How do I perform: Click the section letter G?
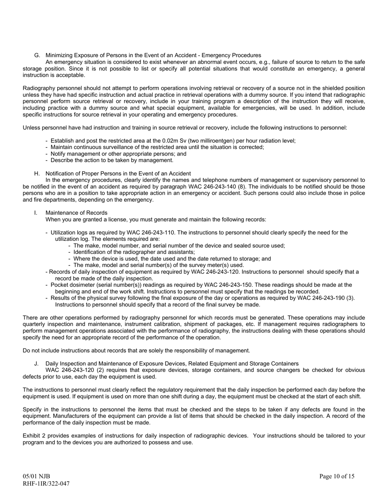pos(37,56)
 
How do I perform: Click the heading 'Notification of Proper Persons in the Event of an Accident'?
pos(118,173)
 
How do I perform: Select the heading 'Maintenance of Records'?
pos(76,213)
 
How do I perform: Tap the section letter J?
pos(36,364)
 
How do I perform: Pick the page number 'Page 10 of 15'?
pos(337,476)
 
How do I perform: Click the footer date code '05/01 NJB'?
pos(36,476)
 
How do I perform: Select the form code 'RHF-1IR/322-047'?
pos(46,484)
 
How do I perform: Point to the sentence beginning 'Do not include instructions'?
pos(136,350)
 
